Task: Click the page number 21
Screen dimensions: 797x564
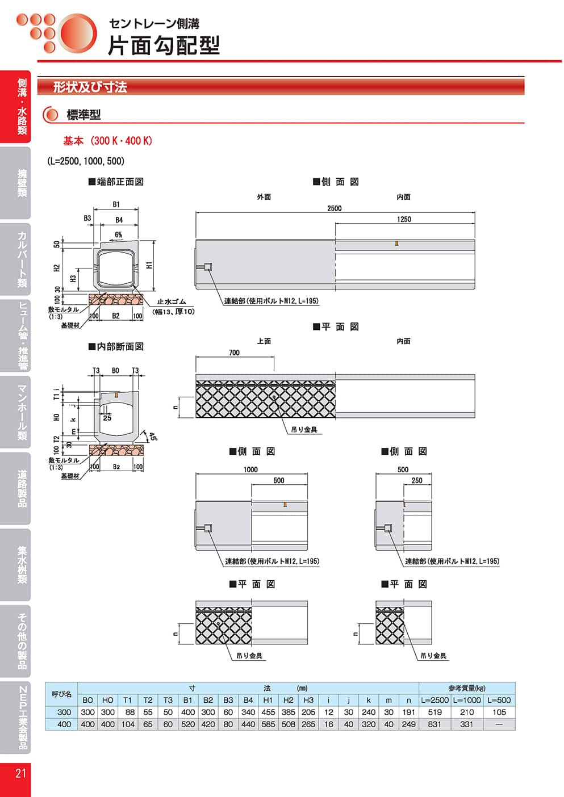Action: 20,773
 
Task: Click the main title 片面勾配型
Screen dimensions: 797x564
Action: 164,45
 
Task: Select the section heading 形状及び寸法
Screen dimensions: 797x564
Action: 90,87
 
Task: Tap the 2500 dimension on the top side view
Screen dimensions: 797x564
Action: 334,208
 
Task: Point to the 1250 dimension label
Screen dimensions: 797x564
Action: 404,219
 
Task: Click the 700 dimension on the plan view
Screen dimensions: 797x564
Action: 234,353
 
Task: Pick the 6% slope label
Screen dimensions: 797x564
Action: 118,234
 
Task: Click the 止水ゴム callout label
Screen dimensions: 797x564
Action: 171,302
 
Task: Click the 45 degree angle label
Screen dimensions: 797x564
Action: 152,437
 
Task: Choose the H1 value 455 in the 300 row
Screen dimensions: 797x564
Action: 268,712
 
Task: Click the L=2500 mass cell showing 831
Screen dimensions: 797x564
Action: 435,724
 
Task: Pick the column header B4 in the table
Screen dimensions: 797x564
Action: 248,700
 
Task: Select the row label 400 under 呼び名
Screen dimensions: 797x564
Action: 64,724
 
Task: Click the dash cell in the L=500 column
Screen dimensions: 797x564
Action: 499,724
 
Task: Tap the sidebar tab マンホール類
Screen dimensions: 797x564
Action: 22,412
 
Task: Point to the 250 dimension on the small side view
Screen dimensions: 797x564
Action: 417,480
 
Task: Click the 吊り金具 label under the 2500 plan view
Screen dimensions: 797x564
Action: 304,430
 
